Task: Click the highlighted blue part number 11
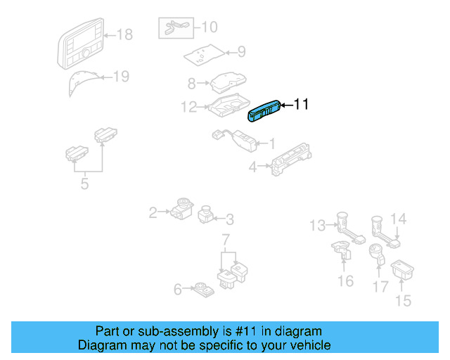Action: coord(266,111)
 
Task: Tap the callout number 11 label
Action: coord(301,105)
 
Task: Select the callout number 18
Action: coord(124,34)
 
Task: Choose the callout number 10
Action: coord(210,27)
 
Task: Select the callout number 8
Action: coord(191,84)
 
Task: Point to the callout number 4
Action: coord(252,167)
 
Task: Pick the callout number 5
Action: coord(84,185)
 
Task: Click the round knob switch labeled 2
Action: coord(181,208)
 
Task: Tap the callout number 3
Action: coord(229,219)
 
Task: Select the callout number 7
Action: coord(226,241)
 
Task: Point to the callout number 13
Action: coord(317,225)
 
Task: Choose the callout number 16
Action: coord(345,281)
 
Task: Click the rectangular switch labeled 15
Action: coord(402,268)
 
